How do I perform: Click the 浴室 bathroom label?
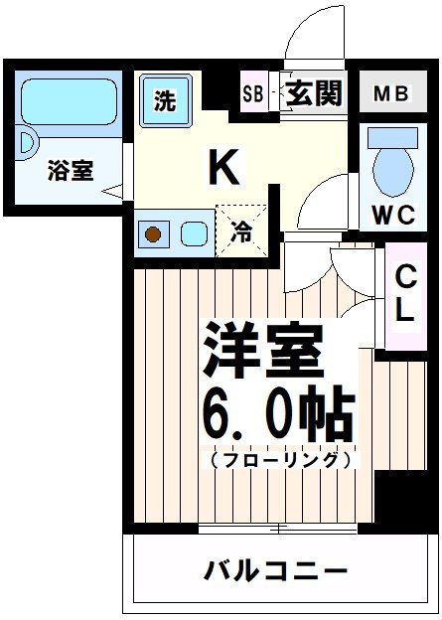coord(70,171)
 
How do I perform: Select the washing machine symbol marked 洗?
coord(165,100)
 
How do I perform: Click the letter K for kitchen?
coord(222,167)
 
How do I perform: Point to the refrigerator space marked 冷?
coord(241,232)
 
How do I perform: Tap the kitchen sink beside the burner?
coord(194,234)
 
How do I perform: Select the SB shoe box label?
coord(253,94)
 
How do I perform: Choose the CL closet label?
coord(404,292)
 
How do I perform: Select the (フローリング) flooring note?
coord(279,461)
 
